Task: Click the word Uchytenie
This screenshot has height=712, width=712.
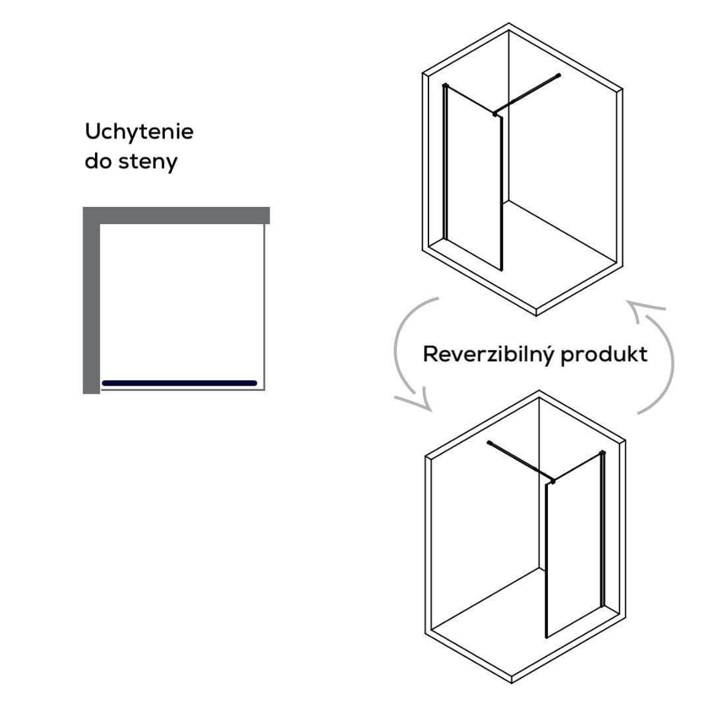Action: [139, 132]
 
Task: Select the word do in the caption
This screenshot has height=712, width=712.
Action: [98, 161]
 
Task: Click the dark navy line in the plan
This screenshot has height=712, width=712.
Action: [179, 383]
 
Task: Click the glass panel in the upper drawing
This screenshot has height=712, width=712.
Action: [473, 178]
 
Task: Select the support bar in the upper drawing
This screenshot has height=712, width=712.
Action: [527, 94]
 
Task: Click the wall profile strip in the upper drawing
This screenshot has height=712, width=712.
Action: [446, 162]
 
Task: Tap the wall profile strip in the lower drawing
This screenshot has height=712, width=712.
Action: [602, 527]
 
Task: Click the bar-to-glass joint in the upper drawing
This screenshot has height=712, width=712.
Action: [496, 114]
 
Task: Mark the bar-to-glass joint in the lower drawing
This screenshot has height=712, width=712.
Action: [552, 481]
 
